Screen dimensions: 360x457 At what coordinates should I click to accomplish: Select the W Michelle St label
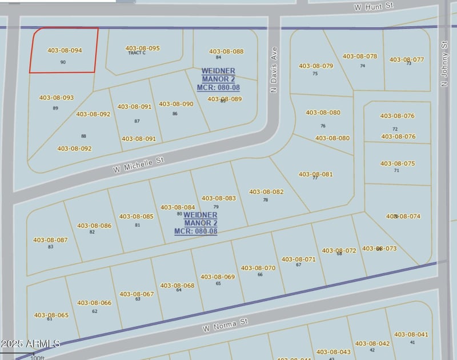click(x=138, y=164)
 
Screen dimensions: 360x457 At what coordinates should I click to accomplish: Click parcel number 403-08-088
click(x=226, y=51)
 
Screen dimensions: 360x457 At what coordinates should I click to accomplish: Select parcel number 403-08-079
click(x=315, y=66)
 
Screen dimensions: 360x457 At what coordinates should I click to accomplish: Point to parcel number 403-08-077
click(x=407, y=59)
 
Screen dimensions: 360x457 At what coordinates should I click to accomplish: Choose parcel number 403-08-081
click(x=315, y=174)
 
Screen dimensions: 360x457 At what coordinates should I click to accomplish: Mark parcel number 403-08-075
click(x=398, y=163)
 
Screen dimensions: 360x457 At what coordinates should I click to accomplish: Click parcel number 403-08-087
click(x=50, y=240)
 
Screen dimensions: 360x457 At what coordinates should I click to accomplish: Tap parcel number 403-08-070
click(x=258, y=267)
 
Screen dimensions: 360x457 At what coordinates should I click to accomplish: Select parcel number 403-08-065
click(x=51, y=315)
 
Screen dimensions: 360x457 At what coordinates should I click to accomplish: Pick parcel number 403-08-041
click(x=411, y=334)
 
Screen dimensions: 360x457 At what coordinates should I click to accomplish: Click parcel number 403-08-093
click(x=56, y=98)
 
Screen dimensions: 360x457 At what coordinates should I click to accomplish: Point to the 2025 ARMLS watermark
click(x=30, y=343)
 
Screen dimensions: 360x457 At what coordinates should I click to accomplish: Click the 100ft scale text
click(x=37, y=358)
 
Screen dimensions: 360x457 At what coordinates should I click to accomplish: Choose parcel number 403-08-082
click(x=266, y=192)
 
